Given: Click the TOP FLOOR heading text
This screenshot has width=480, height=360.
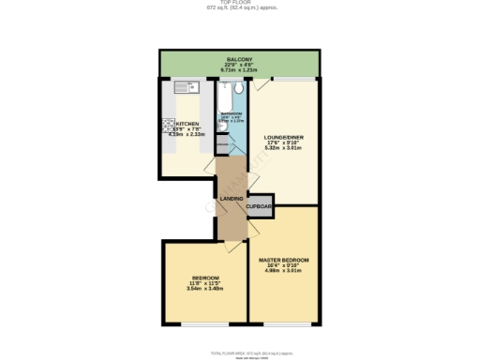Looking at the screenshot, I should click(240, 4).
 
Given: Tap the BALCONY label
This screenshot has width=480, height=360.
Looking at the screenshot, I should click(240, 58).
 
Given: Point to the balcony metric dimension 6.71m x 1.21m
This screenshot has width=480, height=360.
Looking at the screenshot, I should click(240, 69).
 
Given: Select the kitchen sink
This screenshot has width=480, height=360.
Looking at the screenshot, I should click(189, 88).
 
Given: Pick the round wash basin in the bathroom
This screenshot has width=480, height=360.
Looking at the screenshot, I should click(221, 143).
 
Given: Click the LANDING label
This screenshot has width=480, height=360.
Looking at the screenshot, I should click(231, 199).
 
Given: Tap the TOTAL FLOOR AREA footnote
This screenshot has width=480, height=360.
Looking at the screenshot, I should click(240, 351).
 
